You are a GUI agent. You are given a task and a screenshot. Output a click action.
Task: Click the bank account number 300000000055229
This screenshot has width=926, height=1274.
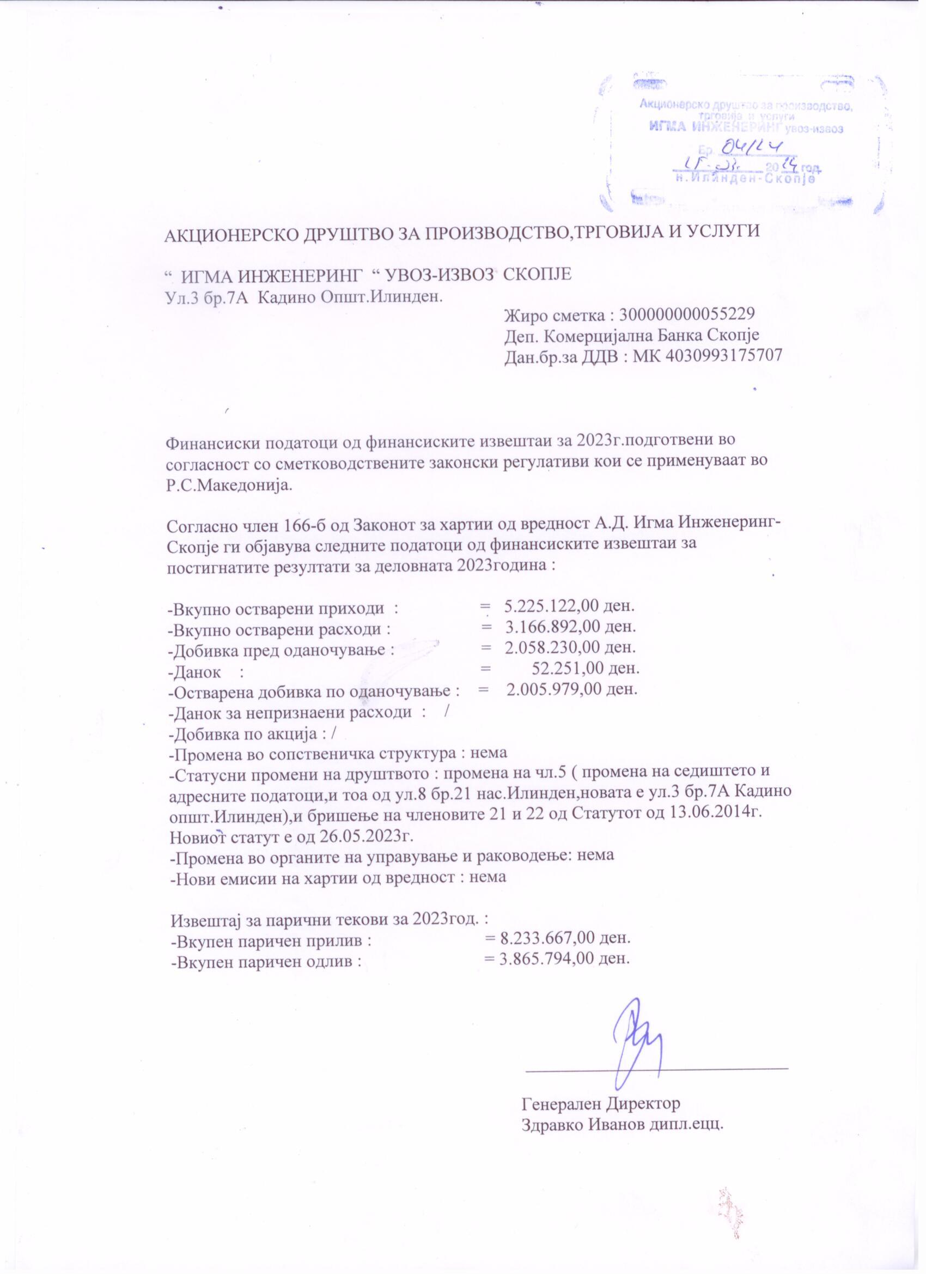pos(684,313)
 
